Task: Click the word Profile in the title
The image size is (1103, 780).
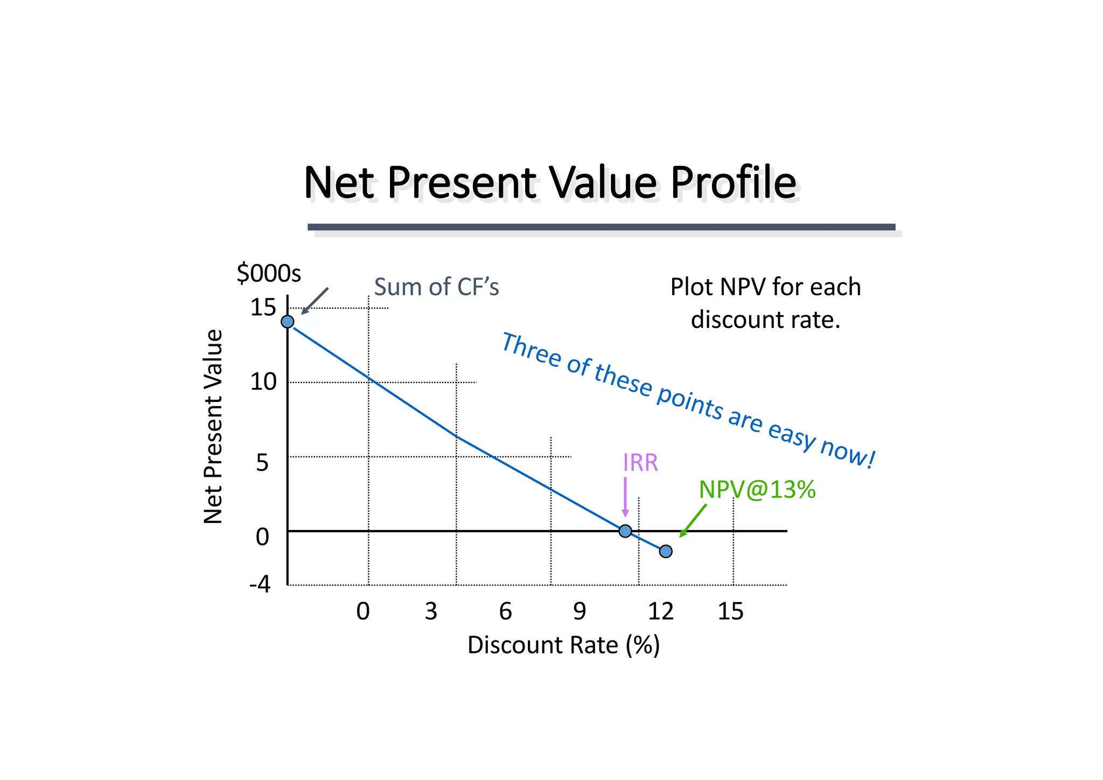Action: tap(732, 183)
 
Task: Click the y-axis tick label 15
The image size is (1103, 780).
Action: tap(263, 308)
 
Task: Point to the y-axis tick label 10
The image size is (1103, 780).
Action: tap(263, 382)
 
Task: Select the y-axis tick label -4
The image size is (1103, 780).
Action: tap(260, 584)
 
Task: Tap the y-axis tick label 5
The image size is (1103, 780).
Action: tap(262, 463)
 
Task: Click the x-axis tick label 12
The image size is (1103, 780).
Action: tap(660, 611)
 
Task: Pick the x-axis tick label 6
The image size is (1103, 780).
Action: tap(505, 611)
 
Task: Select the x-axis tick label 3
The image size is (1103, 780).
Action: tap(431, 611)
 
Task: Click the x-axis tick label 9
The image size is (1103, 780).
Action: tap(580, 611)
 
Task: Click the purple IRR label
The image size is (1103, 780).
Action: tap(640, 463)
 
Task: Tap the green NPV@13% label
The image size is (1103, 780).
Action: tap(757, 490)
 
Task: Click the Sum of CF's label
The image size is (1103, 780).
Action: tap(436, 287)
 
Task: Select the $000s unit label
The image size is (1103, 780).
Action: tap(269, 273)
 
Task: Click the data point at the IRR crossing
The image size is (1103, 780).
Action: tap(625, 531)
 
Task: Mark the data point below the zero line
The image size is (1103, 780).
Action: tap(666, 551)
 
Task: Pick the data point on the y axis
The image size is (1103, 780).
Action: tap(288, 322)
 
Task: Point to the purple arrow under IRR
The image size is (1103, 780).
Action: tap(625, 497)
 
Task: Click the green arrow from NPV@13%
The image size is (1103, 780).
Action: tap(693, 520)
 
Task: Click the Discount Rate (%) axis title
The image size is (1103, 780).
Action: tap(563, 645)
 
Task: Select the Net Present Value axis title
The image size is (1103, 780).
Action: tap(213, 426)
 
